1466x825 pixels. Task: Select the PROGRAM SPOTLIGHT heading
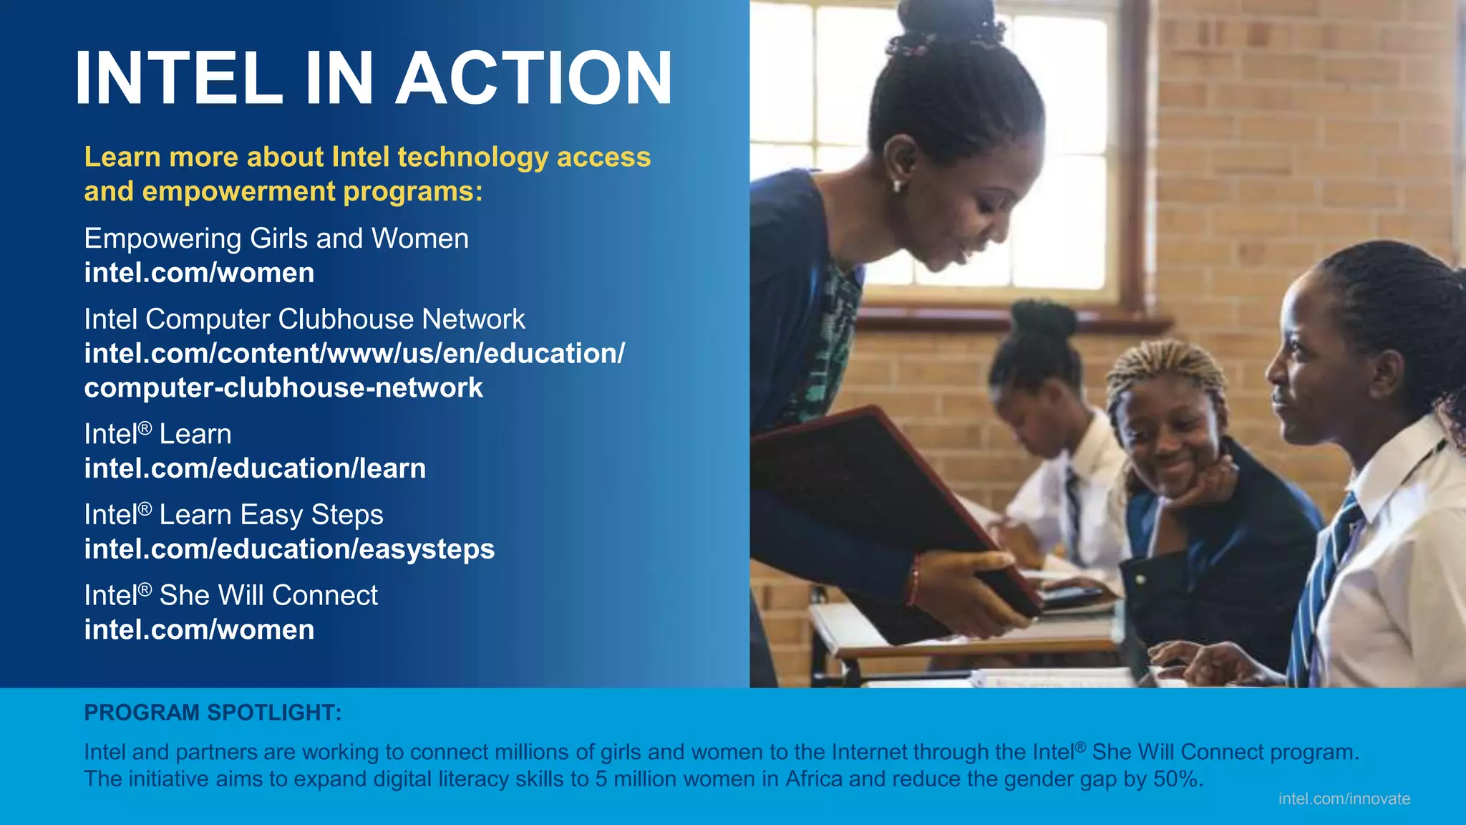pos(213,713)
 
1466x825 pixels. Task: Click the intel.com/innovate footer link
pos(1344,799)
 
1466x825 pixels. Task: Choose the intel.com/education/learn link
pos(255,468)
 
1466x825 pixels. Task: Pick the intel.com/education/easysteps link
pos(289,549)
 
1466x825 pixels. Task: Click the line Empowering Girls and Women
pos(276,238)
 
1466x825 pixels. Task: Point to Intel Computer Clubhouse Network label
pos(304,319)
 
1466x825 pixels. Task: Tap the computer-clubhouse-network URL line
pos(283,388)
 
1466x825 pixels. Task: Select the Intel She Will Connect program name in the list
pos(230,596)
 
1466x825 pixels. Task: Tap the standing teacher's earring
pos(896,185)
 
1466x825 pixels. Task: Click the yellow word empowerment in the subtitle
pos(238,192)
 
